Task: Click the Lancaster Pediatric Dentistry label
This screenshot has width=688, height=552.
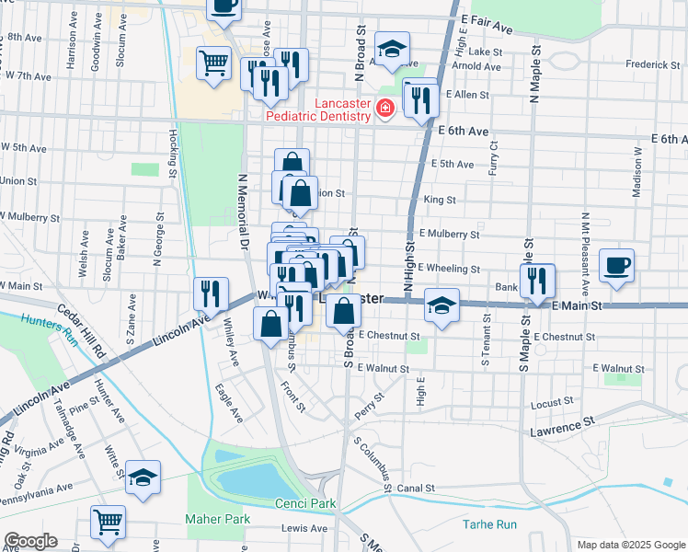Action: pos(318,109)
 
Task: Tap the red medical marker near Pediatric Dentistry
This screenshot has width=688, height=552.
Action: pos(384,110)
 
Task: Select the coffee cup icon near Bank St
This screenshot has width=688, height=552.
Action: pos(616,265)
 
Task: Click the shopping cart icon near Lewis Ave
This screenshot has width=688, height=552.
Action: pos(108,522)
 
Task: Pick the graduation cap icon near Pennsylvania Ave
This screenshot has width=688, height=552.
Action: pos(143,477)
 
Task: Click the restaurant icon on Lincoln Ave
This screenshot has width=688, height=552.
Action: pos(212,293)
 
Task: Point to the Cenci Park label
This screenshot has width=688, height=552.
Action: pos(306,504)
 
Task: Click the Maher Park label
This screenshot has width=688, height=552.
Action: pos(217,519)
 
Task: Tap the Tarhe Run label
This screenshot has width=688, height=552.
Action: pos(492,524)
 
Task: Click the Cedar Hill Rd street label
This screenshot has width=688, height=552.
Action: pos(84,330)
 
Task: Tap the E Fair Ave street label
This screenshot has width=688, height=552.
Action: pos(487,22)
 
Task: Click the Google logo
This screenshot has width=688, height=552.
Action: pos(30,541)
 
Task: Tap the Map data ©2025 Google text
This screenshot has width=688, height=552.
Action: pos(631,545)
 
